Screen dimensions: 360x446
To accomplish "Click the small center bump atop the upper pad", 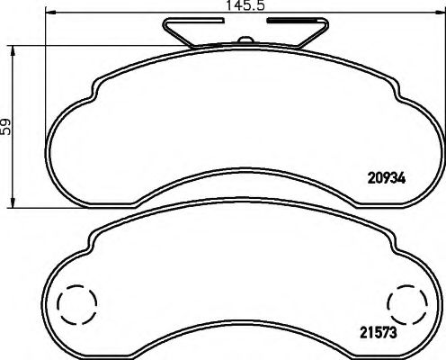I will (244, 40).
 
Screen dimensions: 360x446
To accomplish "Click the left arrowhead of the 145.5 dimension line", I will (49, 16).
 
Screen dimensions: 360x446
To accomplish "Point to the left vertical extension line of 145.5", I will (46, 72).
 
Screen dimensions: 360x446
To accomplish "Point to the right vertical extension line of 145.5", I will (442, 72).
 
